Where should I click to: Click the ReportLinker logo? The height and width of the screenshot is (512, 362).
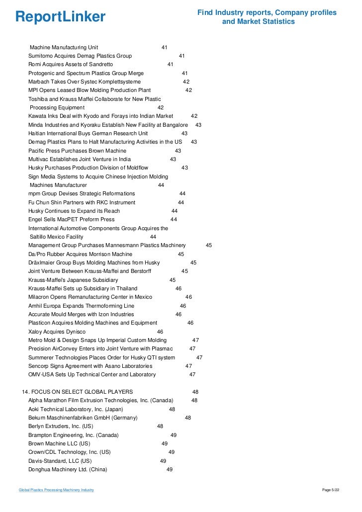point(60,17)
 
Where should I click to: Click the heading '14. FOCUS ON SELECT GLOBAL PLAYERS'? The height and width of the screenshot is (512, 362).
point(78,392)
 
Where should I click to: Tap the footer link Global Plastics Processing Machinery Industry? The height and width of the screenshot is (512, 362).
point(56,491)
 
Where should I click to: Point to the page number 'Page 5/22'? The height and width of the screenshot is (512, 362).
point(331,491)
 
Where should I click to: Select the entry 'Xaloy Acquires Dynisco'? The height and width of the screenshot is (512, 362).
point(57,332)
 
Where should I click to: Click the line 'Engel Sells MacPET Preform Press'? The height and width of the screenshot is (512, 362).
point(71,219)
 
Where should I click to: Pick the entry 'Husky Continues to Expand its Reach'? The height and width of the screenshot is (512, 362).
point(74,211)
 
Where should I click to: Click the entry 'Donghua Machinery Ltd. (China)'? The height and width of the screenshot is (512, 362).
point(68,469)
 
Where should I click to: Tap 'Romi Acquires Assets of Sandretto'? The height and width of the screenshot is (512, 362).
point(71,64)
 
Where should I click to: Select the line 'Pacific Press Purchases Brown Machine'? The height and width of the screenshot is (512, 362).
point(77,151)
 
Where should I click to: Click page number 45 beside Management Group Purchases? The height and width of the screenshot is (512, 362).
point(209,245)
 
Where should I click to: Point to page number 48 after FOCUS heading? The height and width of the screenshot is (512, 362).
point(195,392)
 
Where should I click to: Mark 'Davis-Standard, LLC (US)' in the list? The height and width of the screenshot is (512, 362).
point(60,461)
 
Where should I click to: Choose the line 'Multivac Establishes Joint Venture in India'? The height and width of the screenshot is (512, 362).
point(80,159)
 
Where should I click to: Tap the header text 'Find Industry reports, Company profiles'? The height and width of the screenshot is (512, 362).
point(267,12)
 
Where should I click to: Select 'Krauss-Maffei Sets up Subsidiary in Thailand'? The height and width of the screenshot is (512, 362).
point(83,288)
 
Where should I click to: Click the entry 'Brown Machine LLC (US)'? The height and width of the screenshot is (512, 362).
point(59,443)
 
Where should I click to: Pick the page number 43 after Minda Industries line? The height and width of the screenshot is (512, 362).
point(198,125)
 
